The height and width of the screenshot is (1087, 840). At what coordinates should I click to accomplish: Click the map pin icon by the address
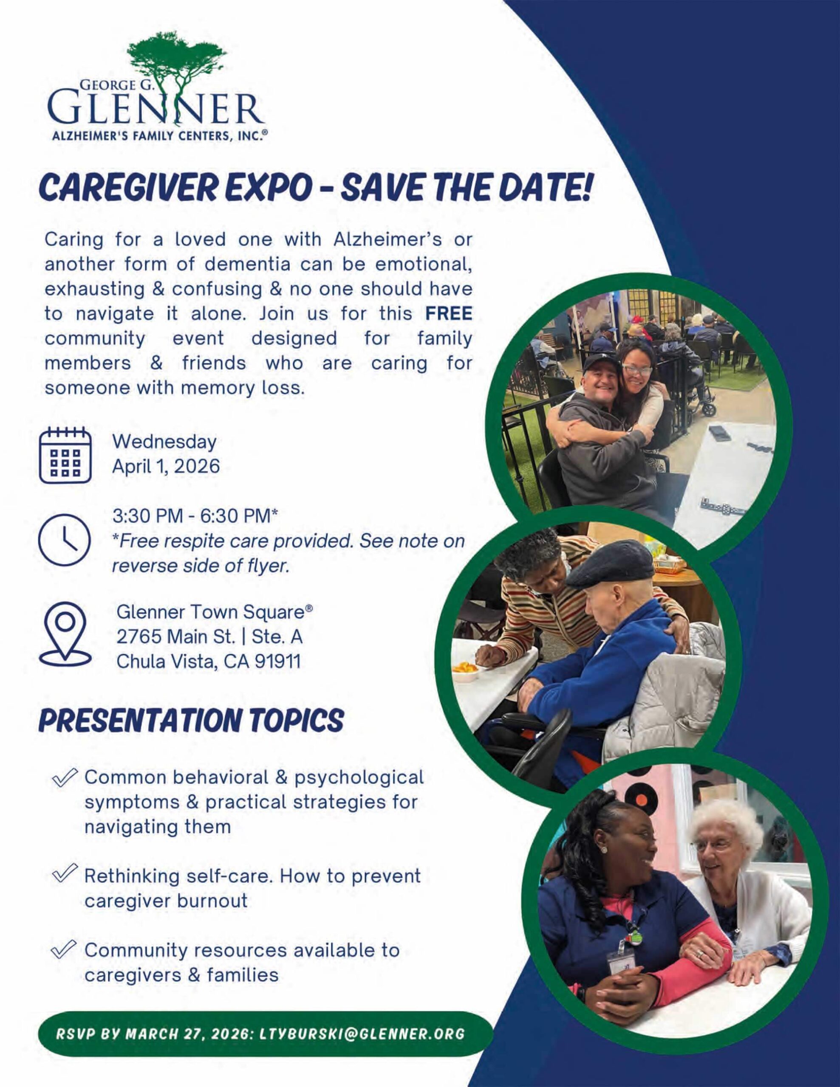65,636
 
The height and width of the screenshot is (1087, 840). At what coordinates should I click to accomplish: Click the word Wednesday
165,442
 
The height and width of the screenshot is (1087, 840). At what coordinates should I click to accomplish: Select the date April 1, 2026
166,466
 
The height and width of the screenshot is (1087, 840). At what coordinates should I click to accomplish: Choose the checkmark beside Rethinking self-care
66,876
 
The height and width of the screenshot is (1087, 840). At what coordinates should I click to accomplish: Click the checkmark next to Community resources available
66,949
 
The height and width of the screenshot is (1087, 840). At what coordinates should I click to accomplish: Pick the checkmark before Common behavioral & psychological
66,777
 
